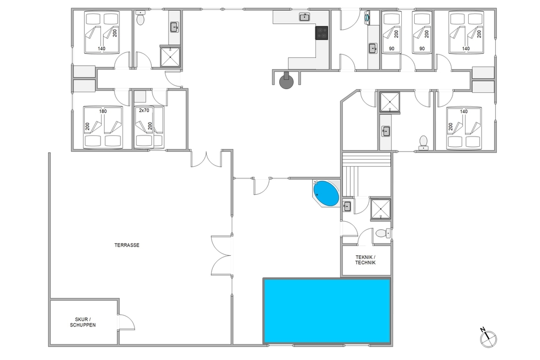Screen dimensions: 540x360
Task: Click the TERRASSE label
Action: point(127,245)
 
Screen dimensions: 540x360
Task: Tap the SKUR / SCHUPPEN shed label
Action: point(83,322)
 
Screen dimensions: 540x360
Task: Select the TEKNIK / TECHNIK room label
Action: point(366,260)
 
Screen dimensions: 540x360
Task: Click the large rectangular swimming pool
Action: point(327,311)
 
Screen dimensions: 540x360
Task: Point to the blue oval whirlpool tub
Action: point(326,193)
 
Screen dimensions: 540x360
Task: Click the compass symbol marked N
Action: point(488,338)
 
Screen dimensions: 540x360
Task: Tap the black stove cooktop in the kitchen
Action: point(322,33)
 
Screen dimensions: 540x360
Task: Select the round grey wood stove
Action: point(286,81)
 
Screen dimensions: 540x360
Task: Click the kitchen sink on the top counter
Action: point(304,17)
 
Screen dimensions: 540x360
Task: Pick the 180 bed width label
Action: point(103,111)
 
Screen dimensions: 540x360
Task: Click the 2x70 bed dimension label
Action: point(144,111)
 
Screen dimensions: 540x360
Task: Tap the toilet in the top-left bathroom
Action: point(140,18)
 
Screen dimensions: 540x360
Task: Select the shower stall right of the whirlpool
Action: point(381,209)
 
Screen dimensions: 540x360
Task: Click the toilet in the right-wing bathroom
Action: point(423,143)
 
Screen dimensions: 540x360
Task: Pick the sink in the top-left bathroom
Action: point(174,27)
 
